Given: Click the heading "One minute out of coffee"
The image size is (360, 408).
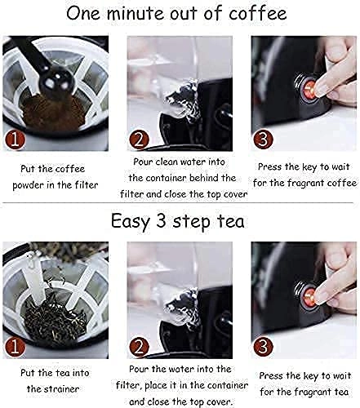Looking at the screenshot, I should point(179,15).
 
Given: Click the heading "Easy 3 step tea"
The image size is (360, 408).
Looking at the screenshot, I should point(179,220).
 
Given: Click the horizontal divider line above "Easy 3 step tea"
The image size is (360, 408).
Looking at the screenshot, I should point(180,204).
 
